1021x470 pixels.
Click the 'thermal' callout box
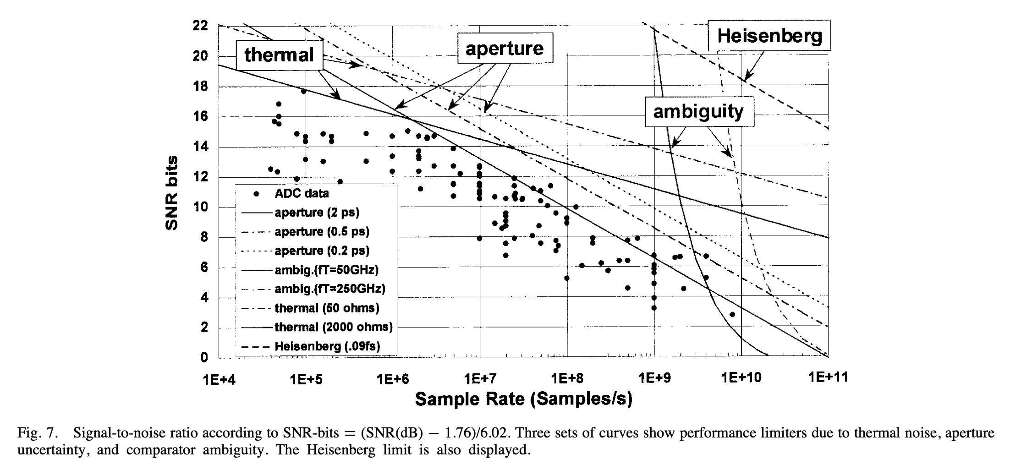click(x=279, y=55)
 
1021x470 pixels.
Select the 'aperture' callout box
click(x=505, y=49)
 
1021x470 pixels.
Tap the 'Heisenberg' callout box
click(x=769, y=35)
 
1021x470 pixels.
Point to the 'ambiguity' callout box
click(x=698, y=111)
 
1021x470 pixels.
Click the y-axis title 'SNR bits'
click(x=171, y=193)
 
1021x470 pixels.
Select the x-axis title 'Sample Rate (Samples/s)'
click(x=523, y=399)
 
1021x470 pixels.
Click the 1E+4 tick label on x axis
click(x=219, y=378)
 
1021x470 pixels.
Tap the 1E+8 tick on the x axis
click(x=566, y=378)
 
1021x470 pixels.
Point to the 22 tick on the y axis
click(x=201, y=26)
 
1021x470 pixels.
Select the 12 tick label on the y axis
click(x=201, y=177)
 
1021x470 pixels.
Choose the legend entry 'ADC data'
click(x=302, y=193)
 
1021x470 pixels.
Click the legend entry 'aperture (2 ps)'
click(x=317, y=213)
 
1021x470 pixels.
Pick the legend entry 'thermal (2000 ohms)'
click(x=333, y=327)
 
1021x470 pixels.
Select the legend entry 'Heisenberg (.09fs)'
click(x=327, y=346)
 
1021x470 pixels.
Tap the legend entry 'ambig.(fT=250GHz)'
click(x=329, y=289)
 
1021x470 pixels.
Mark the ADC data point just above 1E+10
click(x=732, y=314)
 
